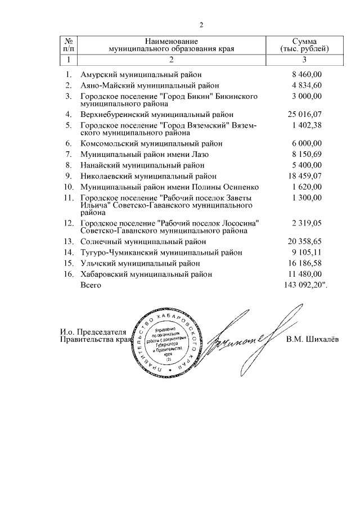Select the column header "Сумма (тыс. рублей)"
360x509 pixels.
304,46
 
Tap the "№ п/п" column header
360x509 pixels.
68,46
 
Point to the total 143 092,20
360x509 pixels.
304,286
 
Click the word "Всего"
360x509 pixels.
91,286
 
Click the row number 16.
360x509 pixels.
68,274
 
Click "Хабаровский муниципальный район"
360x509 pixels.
146,274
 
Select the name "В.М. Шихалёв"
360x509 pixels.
309,339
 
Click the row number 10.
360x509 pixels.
68,187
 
